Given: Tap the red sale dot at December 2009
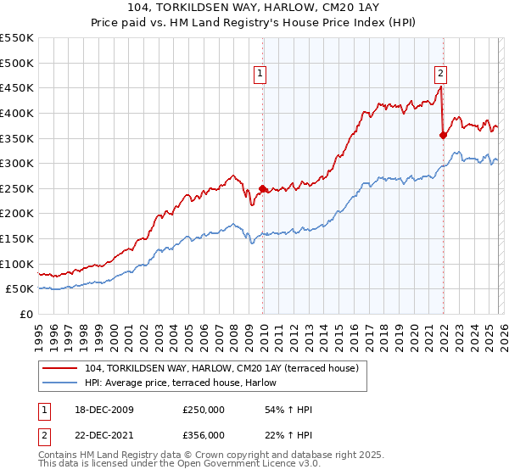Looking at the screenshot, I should (262, 188).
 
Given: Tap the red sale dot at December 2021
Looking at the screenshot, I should (443, 135).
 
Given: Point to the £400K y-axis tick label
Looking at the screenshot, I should (17, 113).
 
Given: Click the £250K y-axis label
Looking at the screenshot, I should (17, 188).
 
